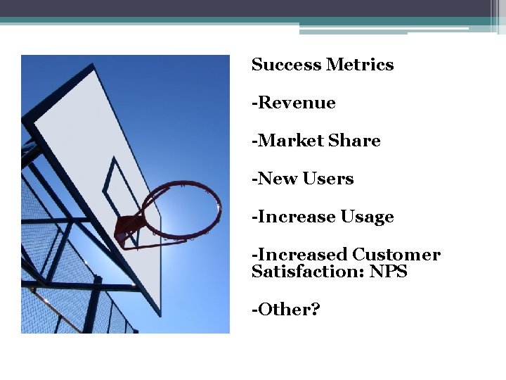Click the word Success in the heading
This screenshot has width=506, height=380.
click(x=286, y=65)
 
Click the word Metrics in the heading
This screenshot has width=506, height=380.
click(x=359, y=65)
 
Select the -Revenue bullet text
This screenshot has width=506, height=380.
click(x=294, y=103)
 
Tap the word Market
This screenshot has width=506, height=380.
click(x=291, y=141)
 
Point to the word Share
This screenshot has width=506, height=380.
click(x=354, y=141)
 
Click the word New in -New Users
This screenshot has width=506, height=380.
click(x=278, y=179)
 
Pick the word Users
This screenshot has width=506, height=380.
click(x=328, y=179)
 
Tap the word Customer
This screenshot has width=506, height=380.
click(x=396, y=255)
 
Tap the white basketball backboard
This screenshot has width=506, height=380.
click(x=84, y=127)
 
